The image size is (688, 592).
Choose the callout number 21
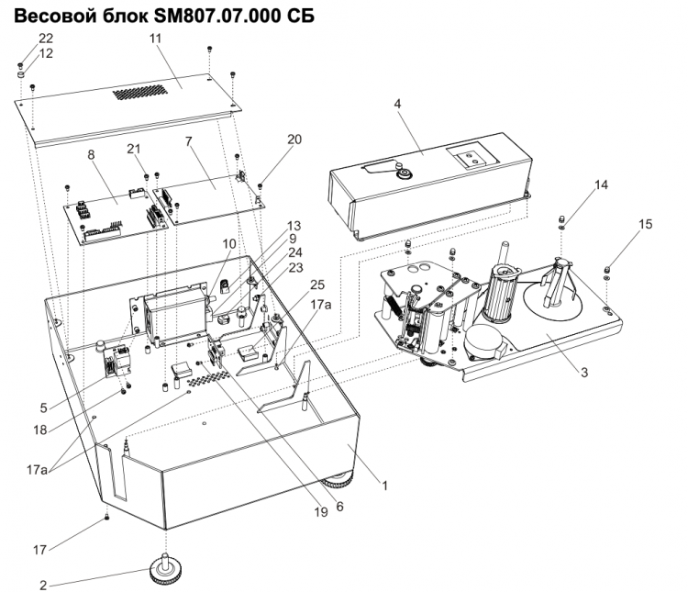pyautogui.click(x=134, y=150)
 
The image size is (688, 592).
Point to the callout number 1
pyautogui.click(x=386, y=486)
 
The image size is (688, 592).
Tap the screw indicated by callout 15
pyautogui.click(x=608, y=269)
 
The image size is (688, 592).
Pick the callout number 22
pyautogui.click(x=45, y=38)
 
